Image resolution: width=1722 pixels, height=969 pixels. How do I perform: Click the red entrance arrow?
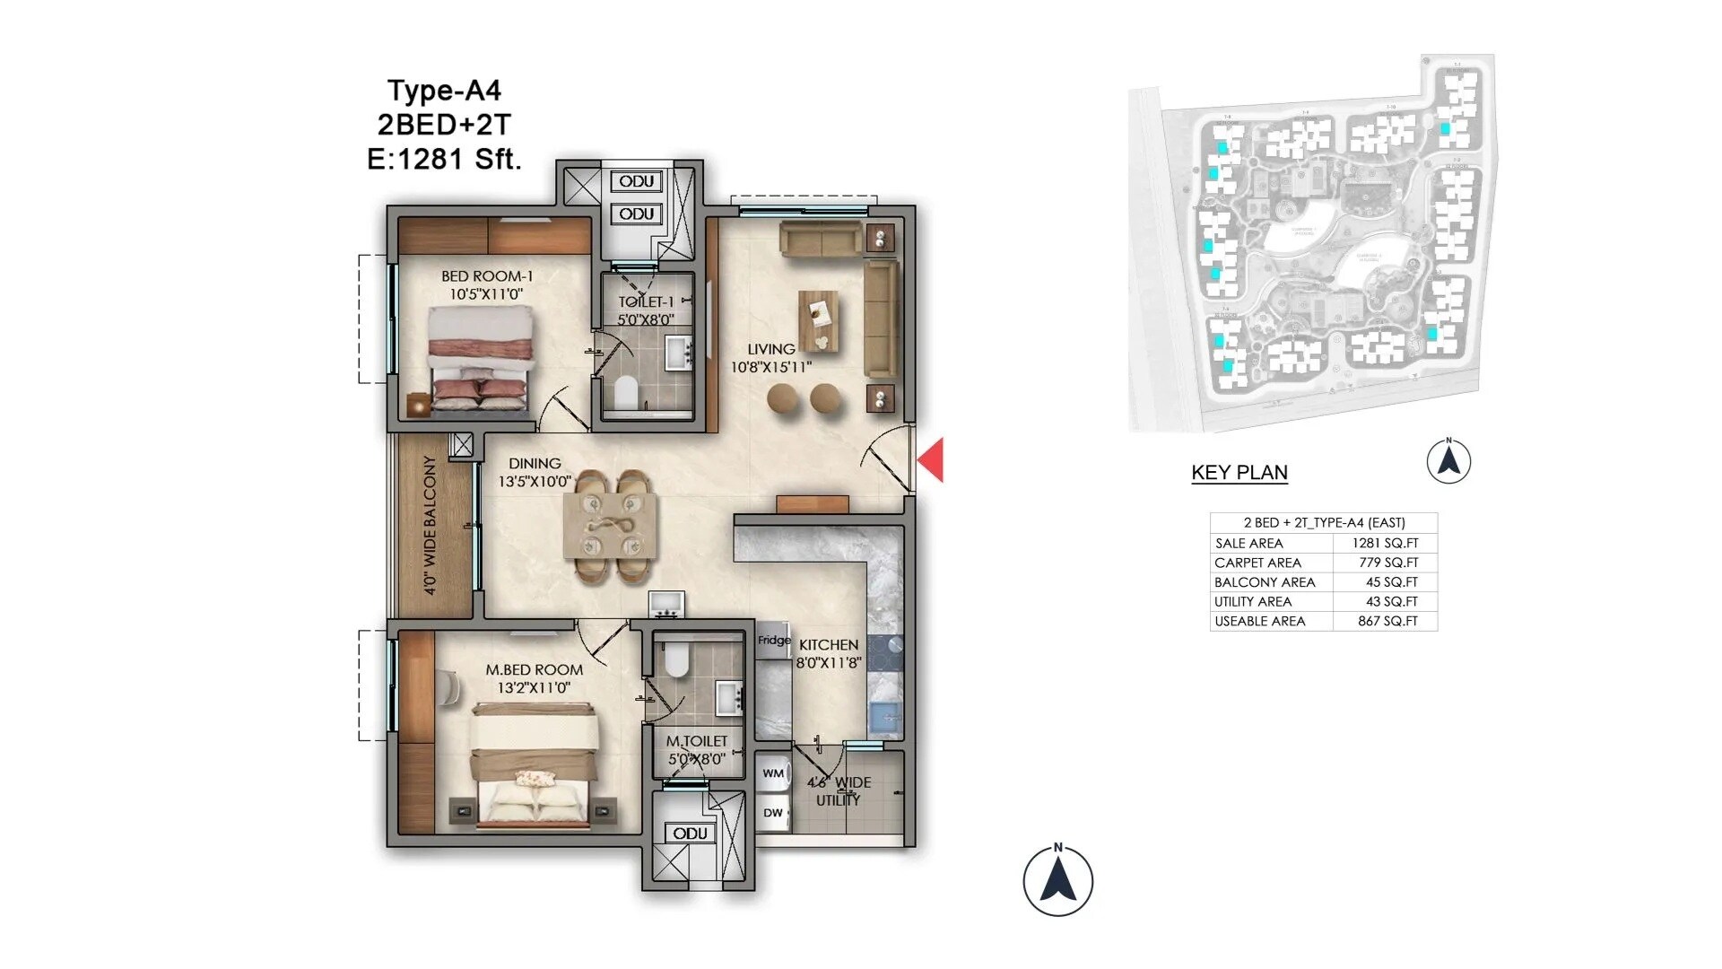tap(933, 459)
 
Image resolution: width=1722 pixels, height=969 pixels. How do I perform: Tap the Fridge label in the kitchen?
tap(774, 640)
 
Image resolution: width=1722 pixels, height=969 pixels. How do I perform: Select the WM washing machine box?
tap(773, 773)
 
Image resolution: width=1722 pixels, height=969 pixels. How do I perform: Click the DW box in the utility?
tap(773, 813)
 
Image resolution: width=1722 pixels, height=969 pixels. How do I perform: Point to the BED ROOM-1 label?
tap(487, 276)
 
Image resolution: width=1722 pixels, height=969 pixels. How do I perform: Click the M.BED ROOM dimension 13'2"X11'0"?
tap(534, 688)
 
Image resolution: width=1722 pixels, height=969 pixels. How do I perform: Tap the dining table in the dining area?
tap(609, 527)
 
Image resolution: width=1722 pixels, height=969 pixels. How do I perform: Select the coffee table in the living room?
tap(819, 320)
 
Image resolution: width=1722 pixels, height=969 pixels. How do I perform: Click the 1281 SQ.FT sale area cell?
tap(1385, 543)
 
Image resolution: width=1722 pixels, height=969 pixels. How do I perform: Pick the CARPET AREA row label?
tap(1257, 563)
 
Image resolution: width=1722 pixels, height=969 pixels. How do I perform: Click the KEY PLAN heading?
tap(1239, 473)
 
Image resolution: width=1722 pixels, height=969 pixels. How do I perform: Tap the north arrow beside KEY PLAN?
tap(1448, 461)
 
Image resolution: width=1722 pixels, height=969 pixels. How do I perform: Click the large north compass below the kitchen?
tap(1058, 880)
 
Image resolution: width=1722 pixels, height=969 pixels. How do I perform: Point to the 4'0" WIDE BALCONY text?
tap(430, 526)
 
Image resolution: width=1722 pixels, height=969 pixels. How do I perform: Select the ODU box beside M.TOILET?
tap(691, 834)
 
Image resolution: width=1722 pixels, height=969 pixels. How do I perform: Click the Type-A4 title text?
tap(444, 91)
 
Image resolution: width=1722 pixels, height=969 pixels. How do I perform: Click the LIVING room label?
tap(771, 349)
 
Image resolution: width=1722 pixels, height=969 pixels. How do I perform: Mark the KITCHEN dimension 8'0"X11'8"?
tap(828, 663)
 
